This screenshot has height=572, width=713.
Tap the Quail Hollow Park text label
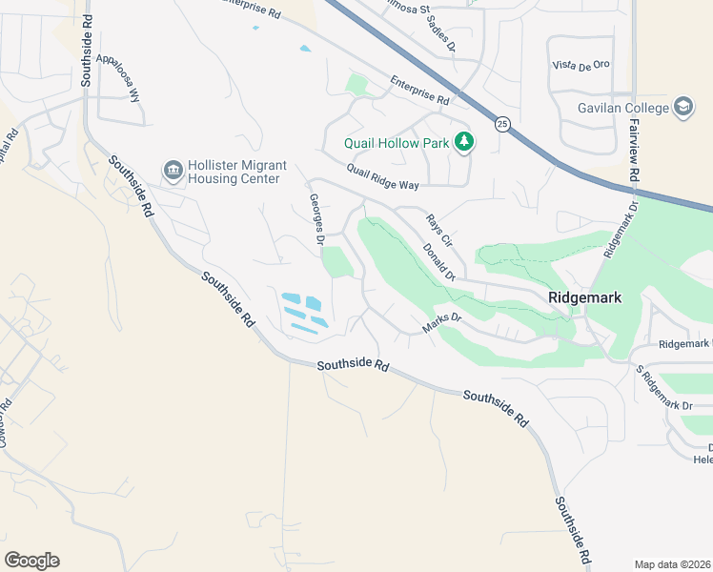pyautogui.click(x=397, y=145)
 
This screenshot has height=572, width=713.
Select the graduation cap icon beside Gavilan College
pyautogui.click(x=683, y=107)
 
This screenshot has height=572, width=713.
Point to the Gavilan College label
pyautogui.click(x=623, y=108)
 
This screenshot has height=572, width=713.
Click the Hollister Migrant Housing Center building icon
pyautogui.click(x=173, y=172)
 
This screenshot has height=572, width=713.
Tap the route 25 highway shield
pyautogui.click(x=500, y=123)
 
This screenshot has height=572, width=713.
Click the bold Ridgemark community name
pyautogui.click(x=584, y=297)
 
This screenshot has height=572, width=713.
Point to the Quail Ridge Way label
pyautogui.click(x=383, y=177)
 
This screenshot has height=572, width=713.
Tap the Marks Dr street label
pyautogui.click(x=441, y=323)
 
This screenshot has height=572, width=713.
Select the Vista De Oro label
pyautogui.click(x=581, y=65)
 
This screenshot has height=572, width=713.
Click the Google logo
pyautogui.click(x=31, y=560)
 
